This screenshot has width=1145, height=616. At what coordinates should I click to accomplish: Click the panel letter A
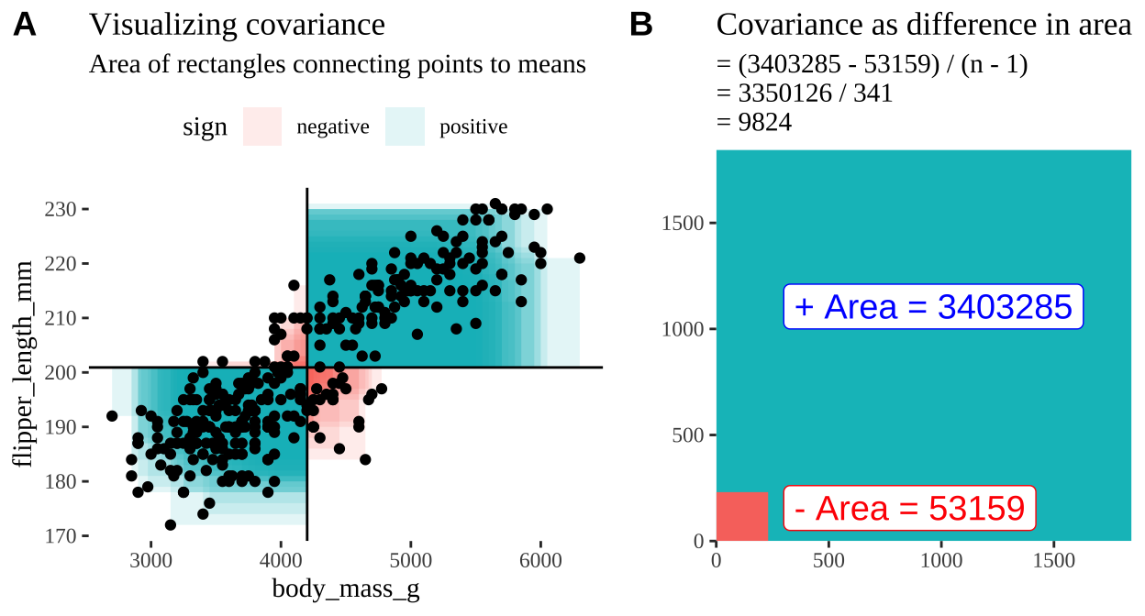pos(25,27)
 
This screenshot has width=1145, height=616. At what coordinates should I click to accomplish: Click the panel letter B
pos(640,27)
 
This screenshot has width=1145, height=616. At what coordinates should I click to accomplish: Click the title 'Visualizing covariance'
pos(237,26)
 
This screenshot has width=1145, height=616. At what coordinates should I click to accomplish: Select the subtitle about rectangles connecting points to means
pos(337,65)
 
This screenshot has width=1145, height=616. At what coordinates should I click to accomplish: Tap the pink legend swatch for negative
pos(262,126)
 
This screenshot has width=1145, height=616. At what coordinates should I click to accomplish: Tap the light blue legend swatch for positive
pos(405,126)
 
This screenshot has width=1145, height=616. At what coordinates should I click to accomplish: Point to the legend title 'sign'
pos(205,127)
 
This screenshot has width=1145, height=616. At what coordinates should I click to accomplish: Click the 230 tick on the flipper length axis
pos(62,209)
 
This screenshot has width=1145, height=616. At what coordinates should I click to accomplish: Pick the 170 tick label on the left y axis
pos(62,535)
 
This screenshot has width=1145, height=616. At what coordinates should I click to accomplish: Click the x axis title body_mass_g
pos(346,588)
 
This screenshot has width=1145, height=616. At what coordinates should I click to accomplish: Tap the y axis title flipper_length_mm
pos(24,365)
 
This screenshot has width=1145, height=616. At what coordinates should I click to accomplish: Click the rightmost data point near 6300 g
pos(579,258)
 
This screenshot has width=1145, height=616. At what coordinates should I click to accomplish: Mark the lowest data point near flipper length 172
pos(171,524)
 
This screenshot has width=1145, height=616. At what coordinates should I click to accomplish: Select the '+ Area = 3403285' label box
pos(933,307)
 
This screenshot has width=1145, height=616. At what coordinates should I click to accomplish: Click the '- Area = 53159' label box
pos(908,508)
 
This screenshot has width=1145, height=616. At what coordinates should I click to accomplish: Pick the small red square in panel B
pos(741,516)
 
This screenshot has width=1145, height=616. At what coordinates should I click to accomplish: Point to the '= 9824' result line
pos(753,122)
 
